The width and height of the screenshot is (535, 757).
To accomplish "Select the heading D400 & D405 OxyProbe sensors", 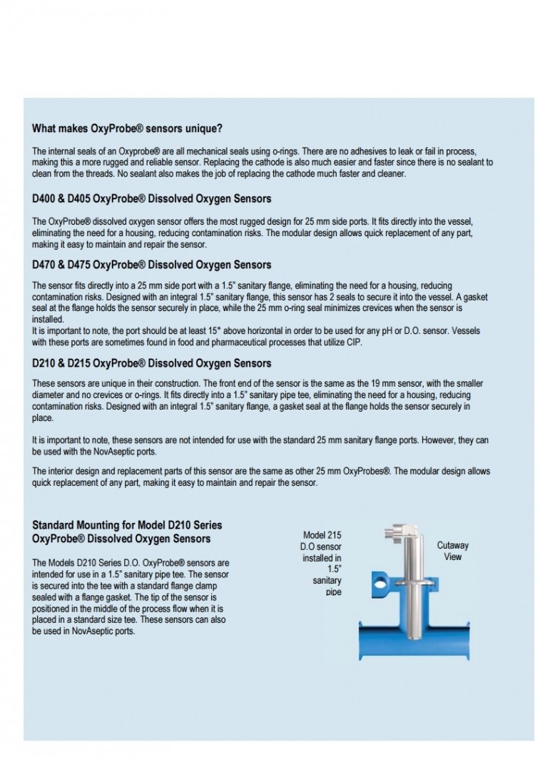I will point(151,198).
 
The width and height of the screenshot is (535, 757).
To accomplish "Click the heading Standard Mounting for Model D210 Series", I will point(117,525).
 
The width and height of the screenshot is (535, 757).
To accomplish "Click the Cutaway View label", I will point(452,551).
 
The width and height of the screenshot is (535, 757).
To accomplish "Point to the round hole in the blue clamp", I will point(373,576).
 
